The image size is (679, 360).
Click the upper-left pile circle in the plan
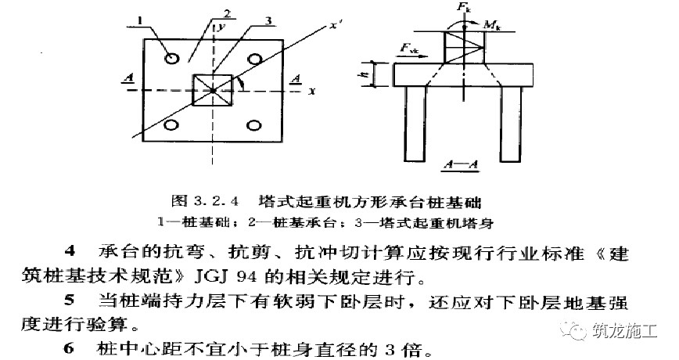(172, 58)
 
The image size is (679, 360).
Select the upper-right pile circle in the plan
(253, 59)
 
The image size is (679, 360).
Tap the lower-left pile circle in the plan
(172, 124)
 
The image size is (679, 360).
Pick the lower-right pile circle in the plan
(253, 126)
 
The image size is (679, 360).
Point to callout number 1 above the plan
(141, 21)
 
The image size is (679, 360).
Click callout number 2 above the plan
(227, 13)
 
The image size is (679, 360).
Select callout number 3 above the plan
(268, 21)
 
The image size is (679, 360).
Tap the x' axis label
(334, 25)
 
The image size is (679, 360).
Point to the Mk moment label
(490, 24)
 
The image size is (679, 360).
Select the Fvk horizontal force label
(408, 48)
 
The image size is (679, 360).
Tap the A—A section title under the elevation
(462, 164)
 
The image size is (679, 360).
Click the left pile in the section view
(415, 124)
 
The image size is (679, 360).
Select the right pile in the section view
(511, 124)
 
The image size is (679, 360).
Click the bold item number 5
(70, 300)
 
